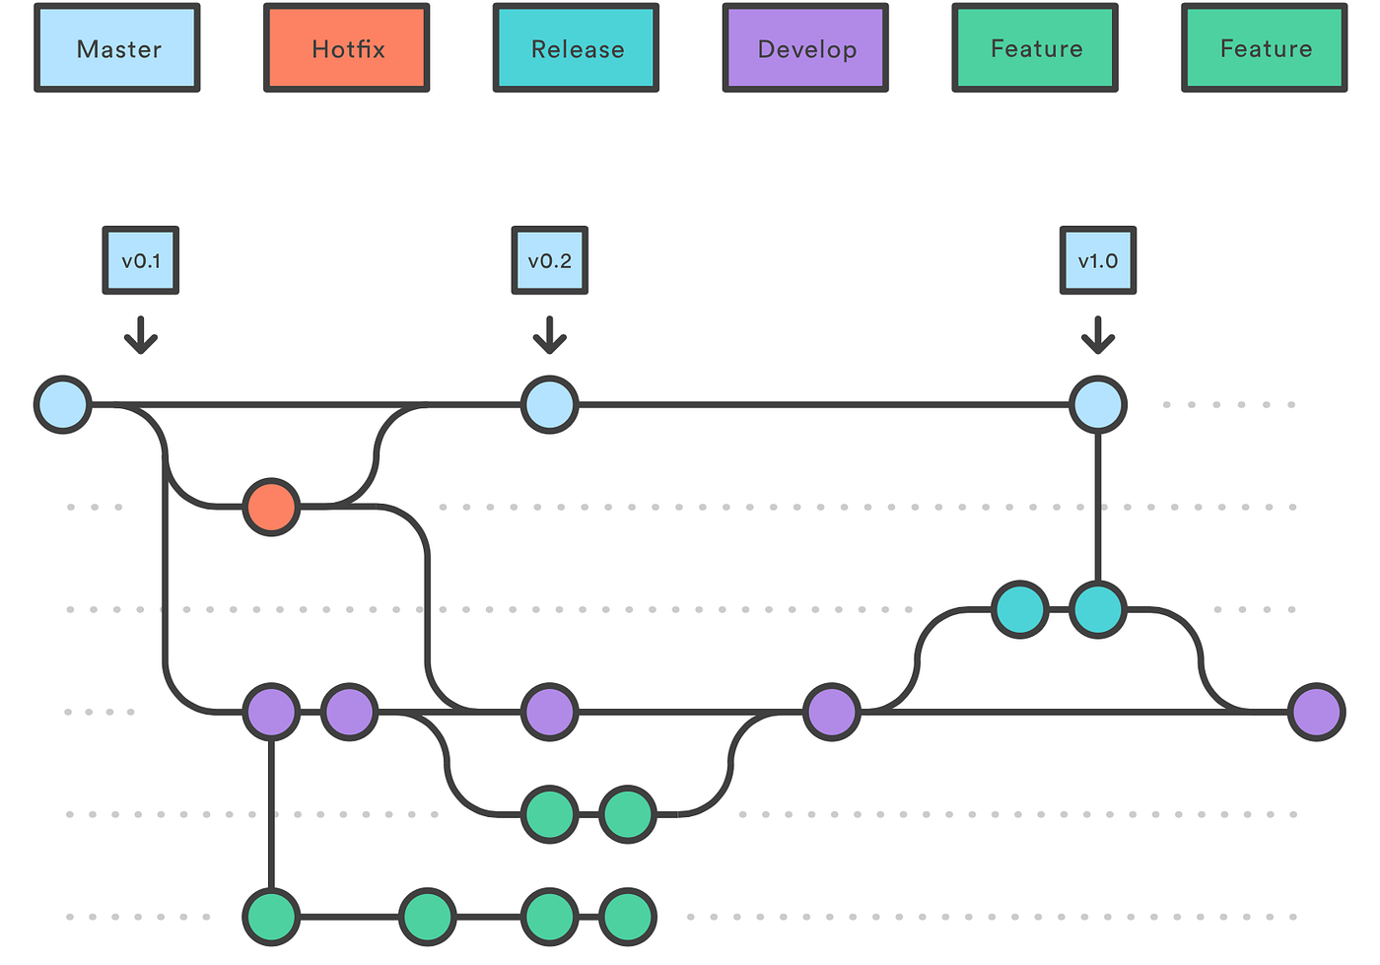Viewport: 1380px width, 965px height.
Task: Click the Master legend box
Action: pos(117,48)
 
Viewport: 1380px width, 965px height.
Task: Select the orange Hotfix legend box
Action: pos(347,48)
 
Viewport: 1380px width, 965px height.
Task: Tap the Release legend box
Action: pos(577,48)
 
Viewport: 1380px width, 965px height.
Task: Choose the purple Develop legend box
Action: pos(806,48)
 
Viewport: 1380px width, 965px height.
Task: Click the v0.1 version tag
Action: pos(141,260)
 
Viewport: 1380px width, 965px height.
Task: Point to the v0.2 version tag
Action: pos(550,260)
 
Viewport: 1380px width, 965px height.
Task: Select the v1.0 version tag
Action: pos(1098,260)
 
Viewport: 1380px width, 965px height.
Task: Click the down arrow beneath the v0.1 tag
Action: pos(141,335)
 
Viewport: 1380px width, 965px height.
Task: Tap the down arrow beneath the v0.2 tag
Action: pos(550,335)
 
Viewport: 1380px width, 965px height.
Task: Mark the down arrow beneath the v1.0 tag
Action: pos(1098,335)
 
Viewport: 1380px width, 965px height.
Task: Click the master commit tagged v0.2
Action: pos(550,404)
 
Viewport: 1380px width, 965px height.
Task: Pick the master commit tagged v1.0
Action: pos(1098,404)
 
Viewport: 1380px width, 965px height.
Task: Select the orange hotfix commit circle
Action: pos(272,507)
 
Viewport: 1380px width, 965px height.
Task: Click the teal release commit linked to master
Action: pos(1098,609)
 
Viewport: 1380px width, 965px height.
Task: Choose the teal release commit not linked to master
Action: pos(1020,609)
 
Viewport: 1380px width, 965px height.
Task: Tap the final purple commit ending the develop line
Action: pos(1317,711)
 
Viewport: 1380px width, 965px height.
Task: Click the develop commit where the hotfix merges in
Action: pos(550,711)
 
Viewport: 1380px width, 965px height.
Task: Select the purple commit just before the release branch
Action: pos(832,711)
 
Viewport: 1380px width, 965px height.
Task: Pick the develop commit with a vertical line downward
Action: pos(272,711)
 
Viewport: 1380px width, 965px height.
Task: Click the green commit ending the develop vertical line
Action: pos(272,916)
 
